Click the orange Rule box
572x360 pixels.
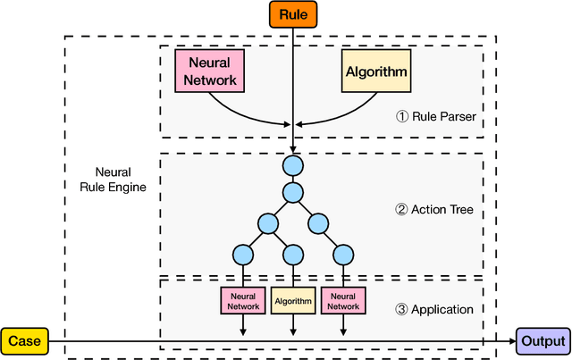tap(292, 13)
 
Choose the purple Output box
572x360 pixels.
tap(542, 340)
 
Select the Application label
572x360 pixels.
tap(433, 309)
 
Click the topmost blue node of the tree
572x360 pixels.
tap(292, 165)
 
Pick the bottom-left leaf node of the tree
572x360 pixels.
tap(241, 255)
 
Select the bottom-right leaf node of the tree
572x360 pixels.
tap(343, 255)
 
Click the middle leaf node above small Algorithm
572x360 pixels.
tap(292, 255)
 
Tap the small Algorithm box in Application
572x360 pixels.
tap(292, 301)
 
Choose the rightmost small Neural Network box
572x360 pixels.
tap(343, 301)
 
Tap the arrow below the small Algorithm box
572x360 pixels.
tap(292, 325)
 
